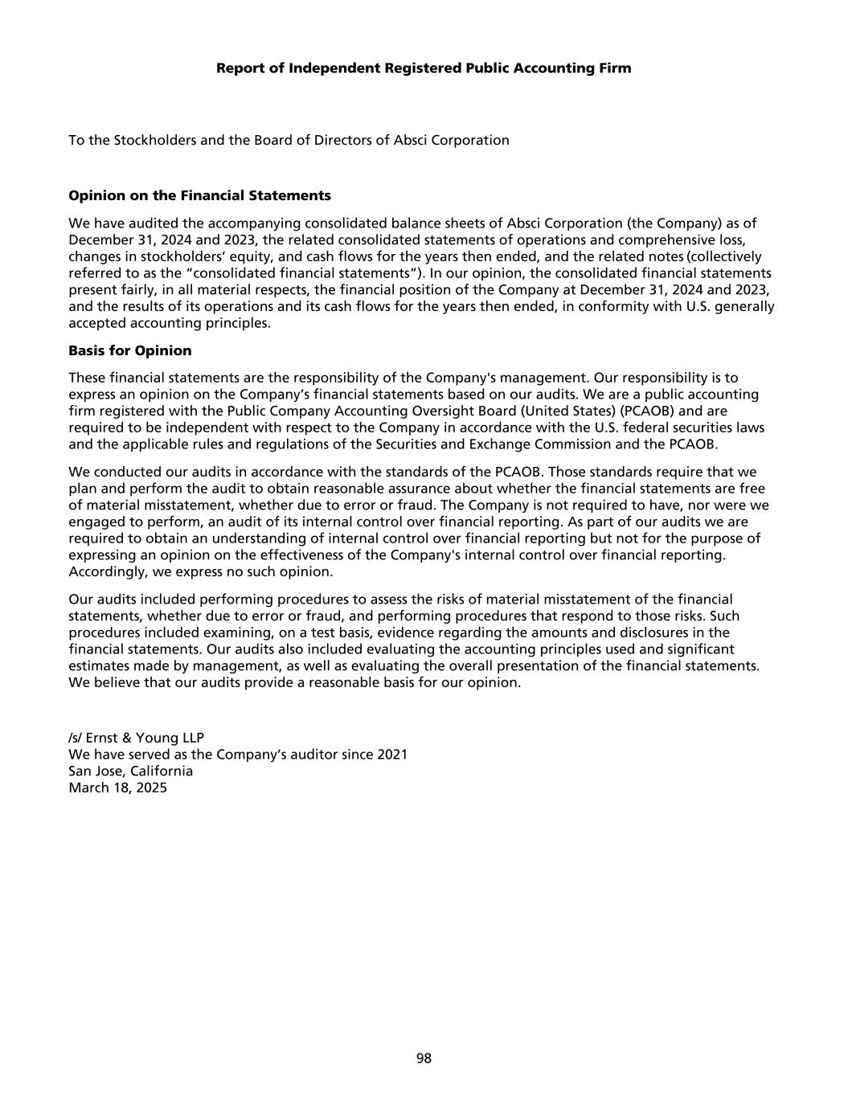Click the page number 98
coord(424,1058)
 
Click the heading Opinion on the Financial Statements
coord(199,195)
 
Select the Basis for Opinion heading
coord(130,350)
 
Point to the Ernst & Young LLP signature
coord(136,738)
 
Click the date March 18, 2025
coord(118,788)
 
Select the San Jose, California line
coord(131,771)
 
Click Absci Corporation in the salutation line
coord(451,140)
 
